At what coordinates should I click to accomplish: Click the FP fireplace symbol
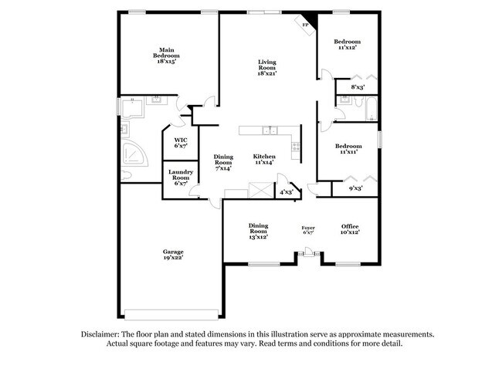[305, 25]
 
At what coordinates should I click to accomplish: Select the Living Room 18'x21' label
[267, 67]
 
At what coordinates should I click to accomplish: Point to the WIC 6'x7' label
[181, 143]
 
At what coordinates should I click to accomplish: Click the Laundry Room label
[181, 174]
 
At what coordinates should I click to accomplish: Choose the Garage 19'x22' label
[173, 255]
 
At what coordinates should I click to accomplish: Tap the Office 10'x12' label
[350, 229]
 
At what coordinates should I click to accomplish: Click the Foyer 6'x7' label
[308, 230]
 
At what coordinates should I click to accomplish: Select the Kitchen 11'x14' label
[264, 159]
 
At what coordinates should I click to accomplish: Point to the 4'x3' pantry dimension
[287, 192]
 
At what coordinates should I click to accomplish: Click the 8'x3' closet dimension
[358, 86]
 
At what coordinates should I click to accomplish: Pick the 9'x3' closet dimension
[355, 188]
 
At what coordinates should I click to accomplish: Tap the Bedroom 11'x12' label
[348, 44]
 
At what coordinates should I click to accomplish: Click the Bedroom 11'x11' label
[348, 149]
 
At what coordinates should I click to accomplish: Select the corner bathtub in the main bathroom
[134, 154]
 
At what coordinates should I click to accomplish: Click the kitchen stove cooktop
[296, 147]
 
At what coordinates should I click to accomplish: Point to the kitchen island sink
[270, 130]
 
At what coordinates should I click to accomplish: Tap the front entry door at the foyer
[308, 252]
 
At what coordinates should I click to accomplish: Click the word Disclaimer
[100, 334]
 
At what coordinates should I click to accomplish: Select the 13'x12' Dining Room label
[258, 232]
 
